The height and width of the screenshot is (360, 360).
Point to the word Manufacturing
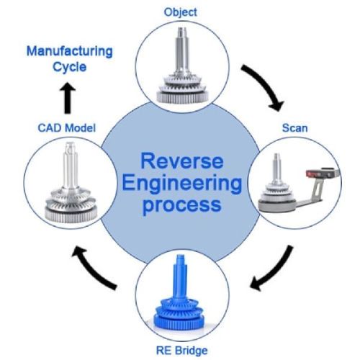[70, 52]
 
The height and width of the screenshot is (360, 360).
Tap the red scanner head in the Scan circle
[312, 174]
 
